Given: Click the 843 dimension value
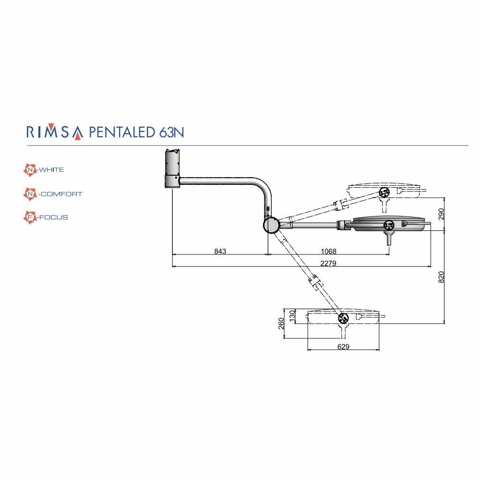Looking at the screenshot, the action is pos(220,252).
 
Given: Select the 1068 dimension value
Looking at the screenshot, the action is pos(328,252).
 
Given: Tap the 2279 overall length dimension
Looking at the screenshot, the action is pos(328,263).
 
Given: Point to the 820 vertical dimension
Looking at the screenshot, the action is pos(441,277).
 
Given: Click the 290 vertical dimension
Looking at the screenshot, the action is pos(441,214).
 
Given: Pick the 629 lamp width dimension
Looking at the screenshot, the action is pos(343,347).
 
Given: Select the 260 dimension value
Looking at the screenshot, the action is pos(281,324).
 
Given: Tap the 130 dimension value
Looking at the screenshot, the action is pos(292,316).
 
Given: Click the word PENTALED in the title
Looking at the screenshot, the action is pos(122,132).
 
